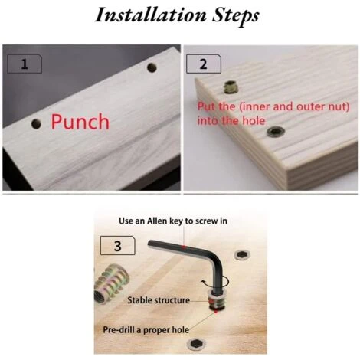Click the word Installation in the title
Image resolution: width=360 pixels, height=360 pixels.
click(151, 15)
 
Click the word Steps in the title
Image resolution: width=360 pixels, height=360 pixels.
click(235, 16)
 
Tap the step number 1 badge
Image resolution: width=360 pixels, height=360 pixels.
click(25, 64)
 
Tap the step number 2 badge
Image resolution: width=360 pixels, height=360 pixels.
click(204, 64)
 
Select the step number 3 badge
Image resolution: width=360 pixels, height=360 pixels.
click(117, 246)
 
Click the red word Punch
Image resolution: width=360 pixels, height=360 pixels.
click(80, 122)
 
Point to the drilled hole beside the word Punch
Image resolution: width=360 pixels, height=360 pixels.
click(36, 124)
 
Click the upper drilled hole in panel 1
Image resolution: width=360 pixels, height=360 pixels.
click(152, 67)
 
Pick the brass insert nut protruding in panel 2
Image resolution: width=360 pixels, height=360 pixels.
click(230, 87)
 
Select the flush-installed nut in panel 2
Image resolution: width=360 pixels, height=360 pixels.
click(276, 132)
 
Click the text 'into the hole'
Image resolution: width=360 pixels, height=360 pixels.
click(231, 120)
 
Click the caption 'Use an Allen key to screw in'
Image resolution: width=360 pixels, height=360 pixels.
click(173, 221)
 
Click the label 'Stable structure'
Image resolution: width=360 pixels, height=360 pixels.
click(159, 300)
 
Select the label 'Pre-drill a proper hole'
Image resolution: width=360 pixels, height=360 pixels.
click(146, 329)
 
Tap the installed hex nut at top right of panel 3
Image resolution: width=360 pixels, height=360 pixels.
click(241, 254)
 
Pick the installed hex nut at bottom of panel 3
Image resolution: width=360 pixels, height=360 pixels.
click(197, 345)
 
